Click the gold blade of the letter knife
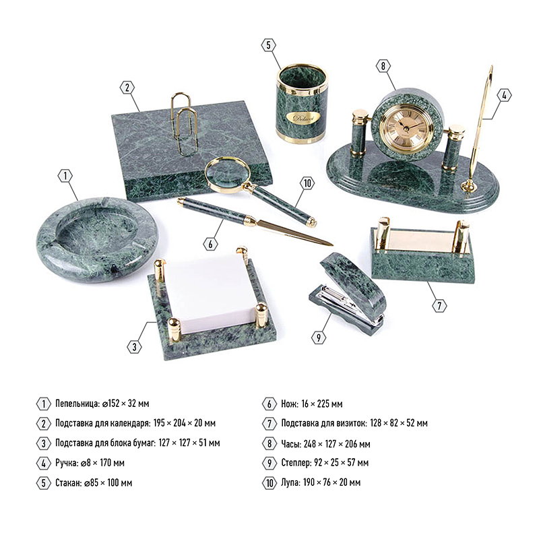pos(292,232)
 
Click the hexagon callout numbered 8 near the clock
pos(383,65)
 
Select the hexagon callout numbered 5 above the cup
pos(268,45)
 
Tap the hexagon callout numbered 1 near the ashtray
pos(65,176)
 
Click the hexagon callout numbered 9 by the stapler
pos(319,338)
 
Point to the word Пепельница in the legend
pos(77,403)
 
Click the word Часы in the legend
pos(291,444)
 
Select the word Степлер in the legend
pos(296,463)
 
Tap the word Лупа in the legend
pos(290,482)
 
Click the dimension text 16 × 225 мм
pos(322,404)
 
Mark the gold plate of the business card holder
pos(423,242)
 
